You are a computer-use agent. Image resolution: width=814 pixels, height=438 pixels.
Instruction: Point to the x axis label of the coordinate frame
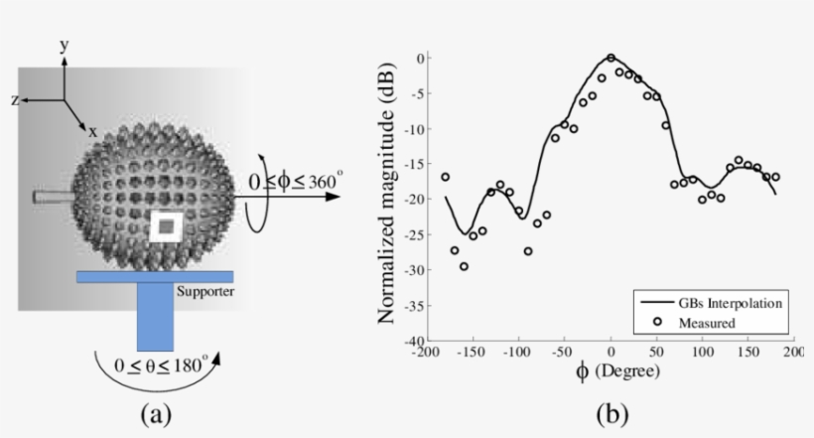pos(92,130)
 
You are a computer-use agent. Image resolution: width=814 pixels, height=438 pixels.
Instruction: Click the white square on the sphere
pos(167,227)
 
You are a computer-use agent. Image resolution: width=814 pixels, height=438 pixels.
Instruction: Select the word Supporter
pos(204,292)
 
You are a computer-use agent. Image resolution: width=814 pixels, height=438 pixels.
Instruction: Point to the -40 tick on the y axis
pos(413,341)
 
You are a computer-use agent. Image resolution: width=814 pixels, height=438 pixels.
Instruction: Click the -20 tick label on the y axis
pos(413,199)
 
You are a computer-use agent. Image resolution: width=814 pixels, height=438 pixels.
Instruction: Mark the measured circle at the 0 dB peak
pos(610,58)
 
